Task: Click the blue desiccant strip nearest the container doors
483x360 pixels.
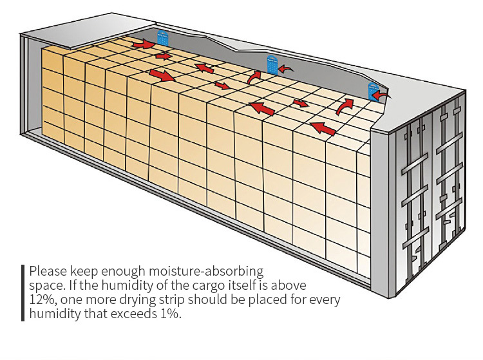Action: (372, 92)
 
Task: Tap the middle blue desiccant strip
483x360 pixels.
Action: (272, 65)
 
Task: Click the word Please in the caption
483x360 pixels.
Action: (46, 271)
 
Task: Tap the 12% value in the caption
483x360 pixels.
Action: (42, 300)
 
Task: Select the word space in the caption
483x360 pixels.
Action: (44, 285)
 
